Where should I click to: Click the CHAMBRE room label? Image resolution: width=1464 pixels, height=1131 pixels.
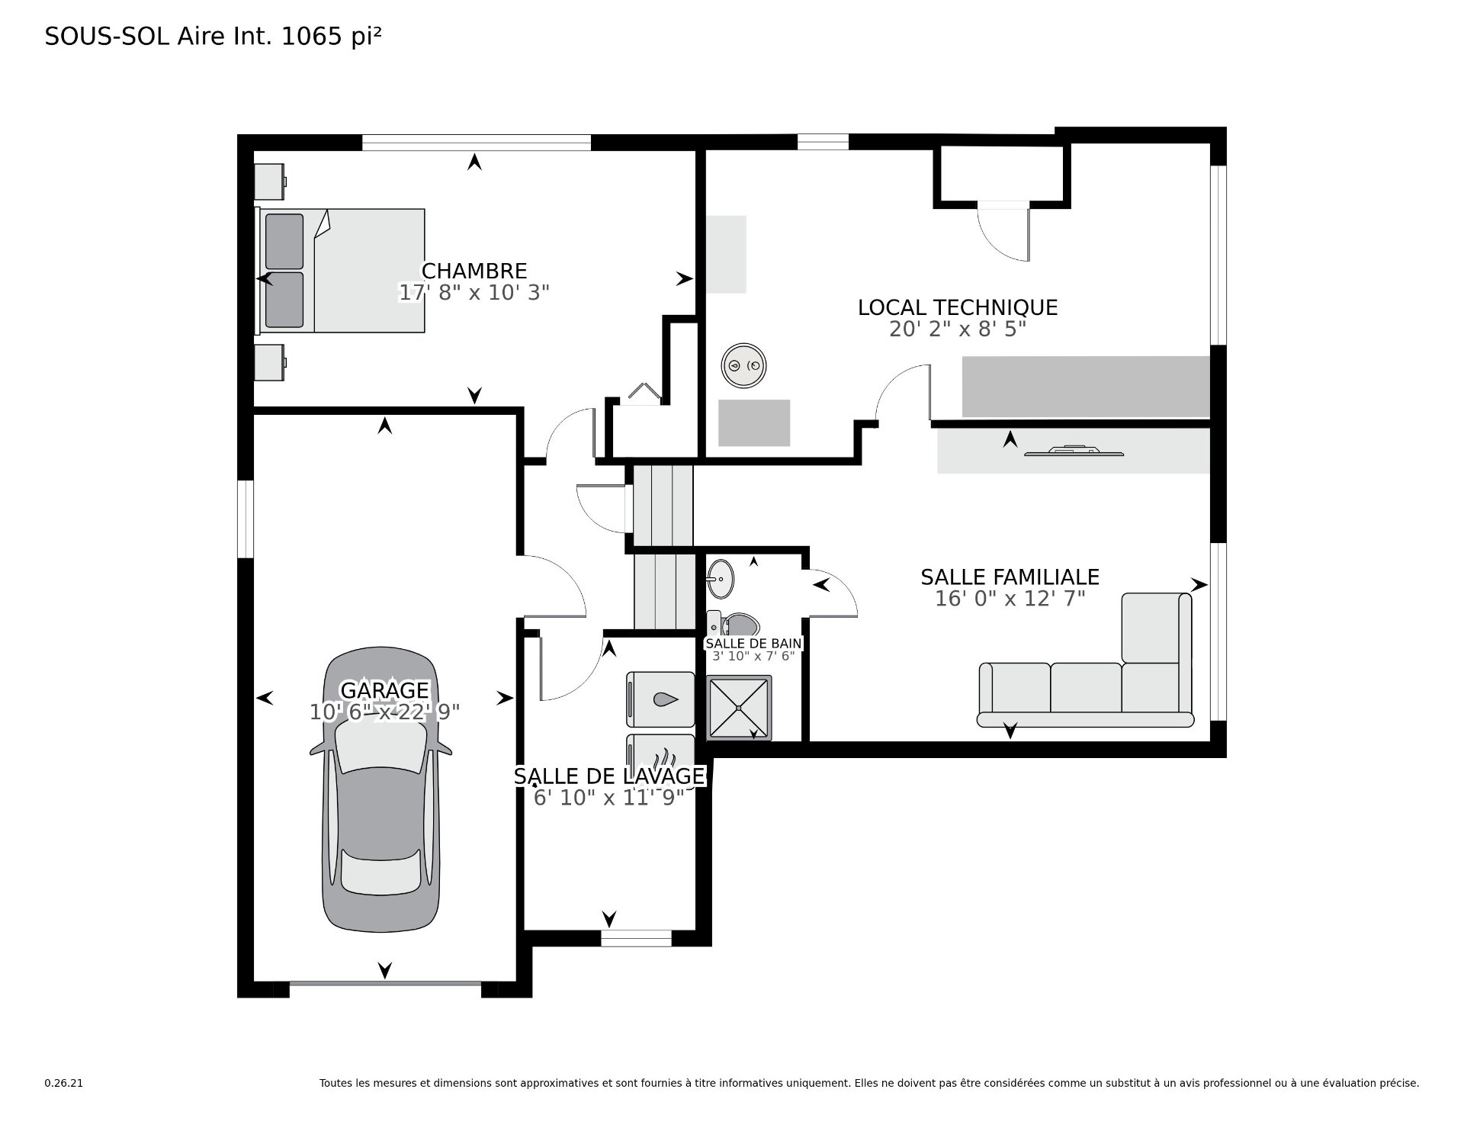[x=474, y=271]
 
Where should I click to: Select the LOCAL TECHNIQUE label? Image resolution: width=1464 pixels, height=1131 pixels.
[x=958, y=307]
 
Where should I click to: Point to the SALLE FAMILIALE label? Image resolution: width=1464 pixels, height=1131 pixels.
[x=1010, y=577]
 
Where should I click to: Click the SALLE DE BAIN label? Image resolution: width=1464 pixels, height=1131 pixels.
[x=753, y=644]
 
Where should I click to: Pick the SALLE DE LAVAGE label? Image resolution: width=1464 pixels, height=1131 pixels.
[x=609, y=776]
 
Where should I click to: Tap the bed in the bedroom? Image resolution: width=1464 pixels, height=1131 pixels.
[x=340, y=271]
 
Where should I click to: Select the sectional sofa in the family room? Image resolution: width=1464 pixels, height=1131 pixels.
[x=1086, y=660]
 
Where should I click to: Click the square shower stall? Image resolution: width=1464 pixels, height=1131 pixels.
[x=739, y=708]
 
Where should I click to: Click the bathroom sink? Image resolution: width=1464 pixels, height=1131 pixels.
[x=721, y=580]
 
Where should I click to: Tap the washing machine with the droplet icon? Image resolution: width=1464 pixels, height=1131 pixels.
[x=660, y=699]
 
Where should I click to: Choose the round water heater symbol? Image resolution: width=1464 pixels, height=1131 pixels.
[x=744, y=365]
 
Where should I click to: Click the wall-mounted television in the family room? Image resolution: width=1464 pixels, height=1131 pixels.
[x=1074, y=451]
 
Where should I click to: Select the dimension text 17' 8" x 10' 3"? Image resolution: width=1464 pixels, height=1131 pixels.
[x=474, y=293]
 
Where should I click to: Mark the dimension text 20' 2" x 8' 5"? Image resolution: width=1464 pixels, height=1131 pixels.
[x=958, y=329]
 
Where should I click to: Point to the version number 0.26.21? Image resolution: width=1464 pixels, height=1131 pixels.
[x=63, y=1083]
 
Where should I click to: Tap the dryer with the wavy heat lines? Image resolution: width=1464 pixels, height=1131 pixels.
[x=660, y=758]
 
